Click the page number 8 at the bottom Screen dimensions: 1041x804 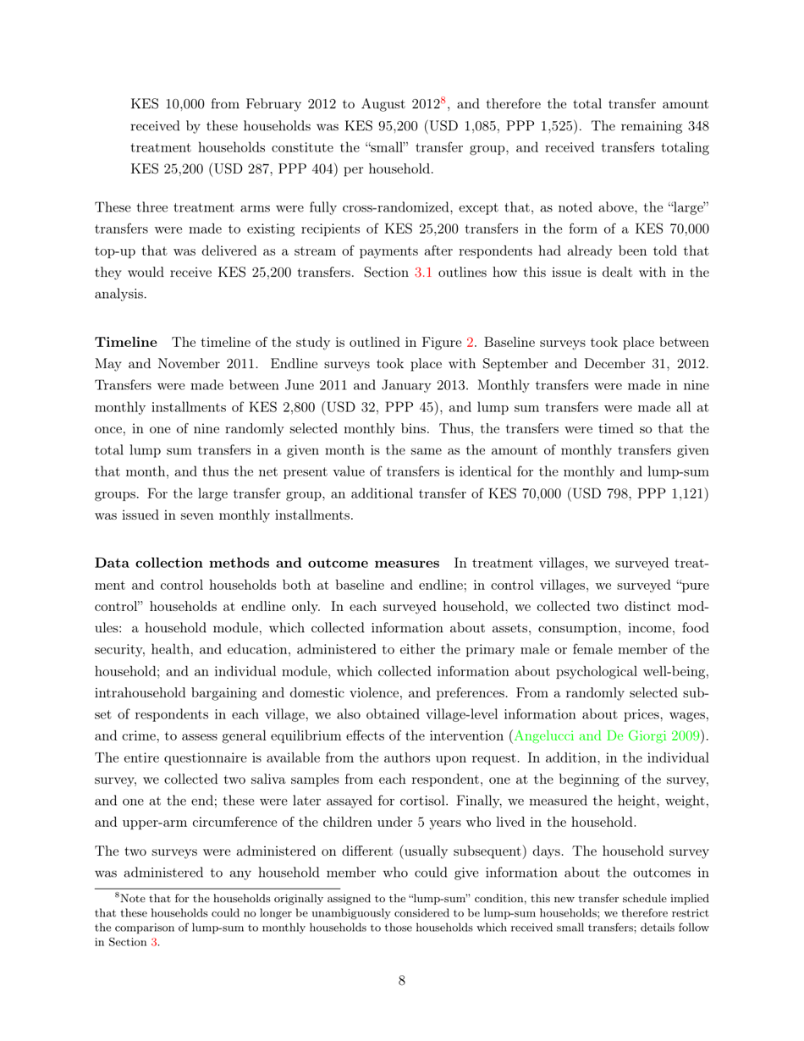tap(402, 981)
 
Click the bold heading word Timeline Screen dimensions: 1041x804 tap(126, 343)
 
